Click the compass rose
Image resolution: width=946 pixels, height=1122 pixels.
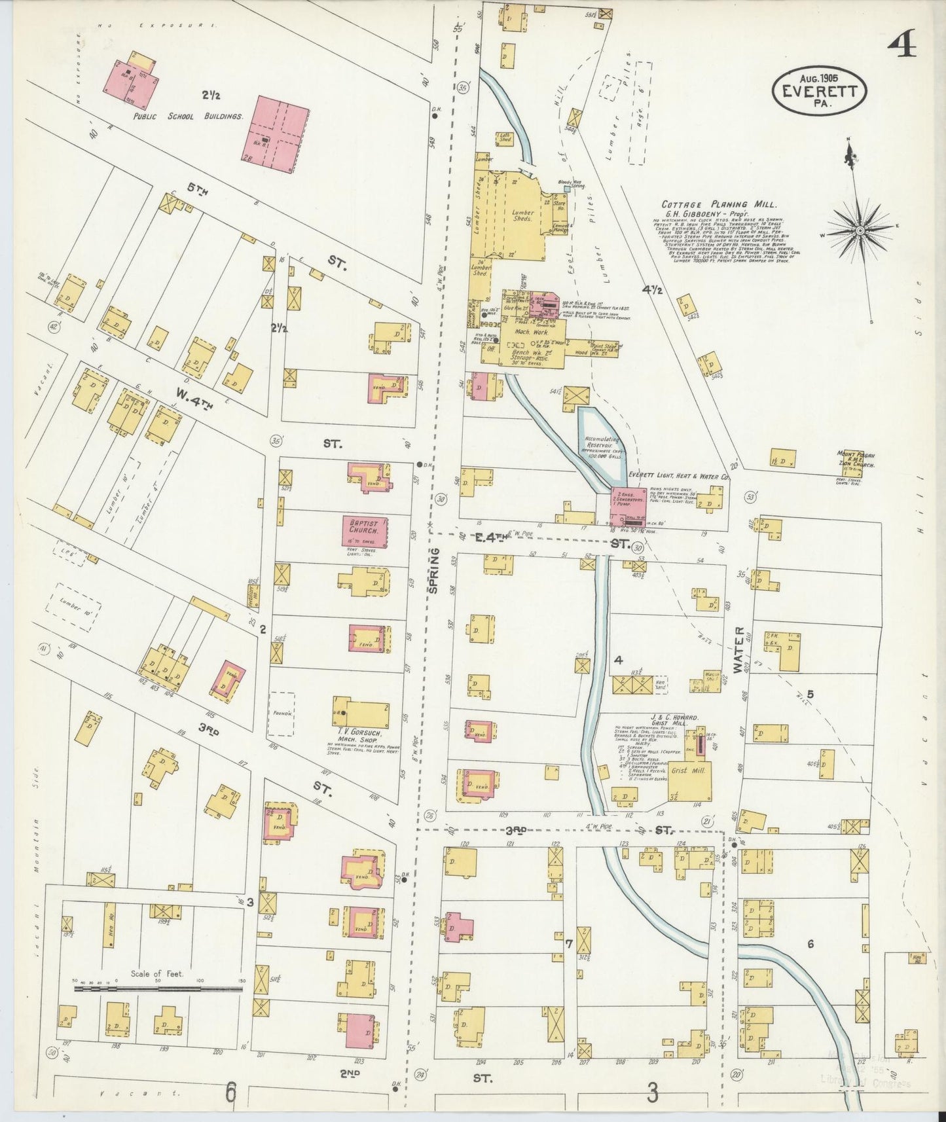pyautogui.click(x=858, y=232)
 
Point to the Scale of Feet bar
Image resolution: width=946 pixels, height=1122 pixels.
pyautogui.click(x=158, y=989)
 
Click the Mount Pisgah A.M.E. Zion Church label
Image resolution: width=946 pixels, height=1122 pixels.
pyautogui.click(x=856, y=458)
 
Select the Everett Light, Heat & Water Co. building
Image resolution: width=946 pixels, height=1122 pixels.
pyautogui.click(x=629, y=506)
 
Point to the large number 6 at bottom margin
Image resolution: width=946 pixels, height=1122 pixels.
pyautogui.click(x=230, y=1093)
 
